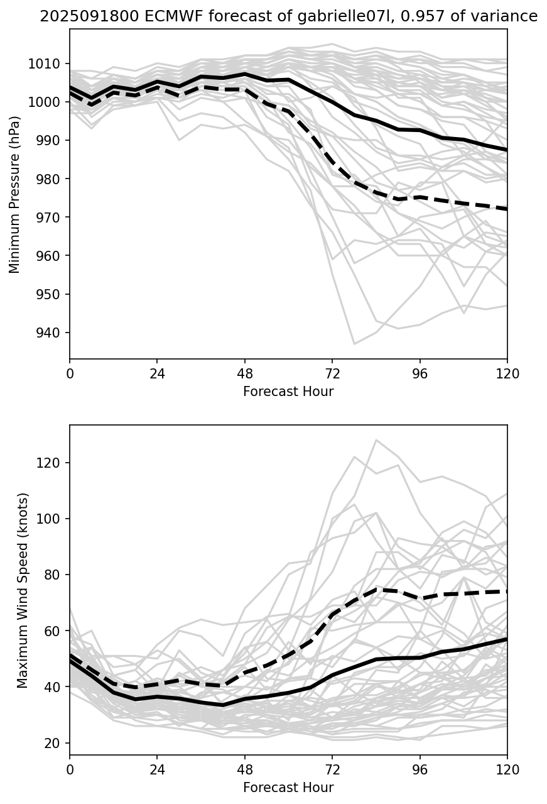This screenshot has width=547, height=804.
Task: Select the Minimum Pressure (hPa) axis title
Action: pos(14,194)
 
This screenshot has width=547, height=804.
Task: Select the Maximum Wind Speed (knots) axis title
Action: pos(23,590)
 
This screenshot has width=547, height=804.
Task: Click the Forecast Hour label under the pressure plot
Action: pos(288,392)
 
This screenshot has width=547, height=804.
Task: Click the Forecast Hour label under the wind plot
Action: pos(288,788)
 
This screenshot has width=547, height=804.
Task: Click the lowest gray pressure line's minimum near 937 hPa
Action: pos(354,344)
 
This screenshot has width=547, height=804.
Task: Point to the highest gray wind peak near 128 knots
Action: pos(376,440)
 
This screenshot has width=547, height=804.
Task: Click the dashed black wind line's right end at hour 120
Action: pos(507,592)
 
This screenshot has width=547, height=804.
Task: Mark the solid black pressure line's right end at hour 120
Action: pos(507,150)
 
